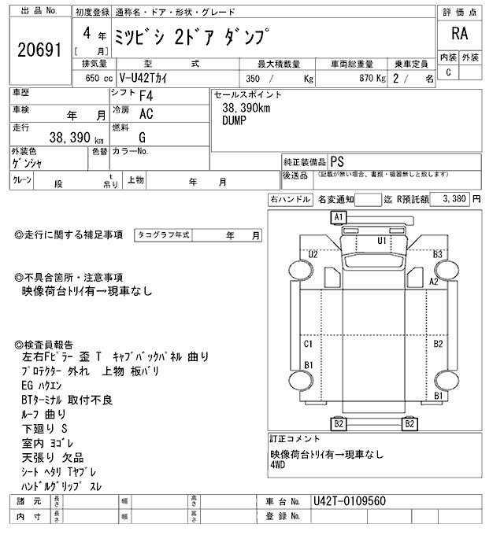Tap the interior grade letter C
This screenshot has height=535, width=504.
coord(448,72)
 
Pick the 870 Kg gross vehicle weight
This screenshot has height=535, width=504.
coord(369,79)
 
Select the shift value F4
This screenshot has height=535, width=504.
coord(146,96)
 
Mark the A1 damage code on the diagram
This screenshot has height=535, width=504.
coord(339,216)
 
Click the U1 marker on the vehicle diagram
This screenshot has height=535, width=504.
coord(382,240)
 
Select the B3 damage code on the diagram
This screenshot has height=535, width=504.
coord(439,254)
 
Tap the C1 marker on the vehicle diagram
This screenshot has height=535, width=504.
coord(309,345)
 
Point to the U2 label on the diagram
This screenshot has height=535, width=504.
coord(313,254)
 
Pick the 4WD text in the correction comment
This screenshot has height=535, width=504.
coord(280,466)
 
